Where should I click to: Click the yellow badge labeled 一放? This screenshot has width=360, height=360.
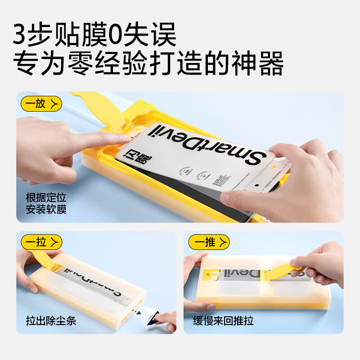click(x=41, y=104)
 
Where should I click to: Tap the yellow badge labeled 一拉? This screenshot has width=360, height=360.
click(x=41, y=243)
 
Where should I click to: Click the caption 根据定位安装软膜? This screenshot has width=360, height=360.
click(x=46, y=203)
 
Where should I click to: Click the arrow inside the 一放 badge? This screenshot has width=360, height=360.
click(x=54, y=104)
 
